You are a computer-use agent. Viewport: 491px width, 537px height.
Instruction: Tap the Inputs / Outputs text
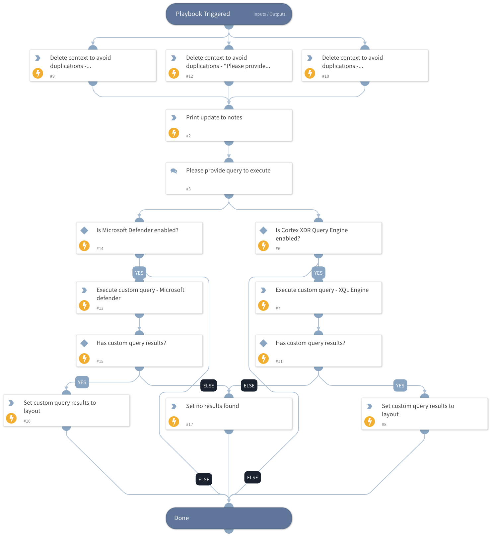click(x=269, y=14)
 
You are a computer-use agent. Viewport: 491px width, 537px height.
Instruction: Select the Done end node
click(x=229, y=518)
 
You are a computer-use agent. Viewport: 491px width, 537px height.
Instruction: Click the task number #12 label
click(x=189, y=76)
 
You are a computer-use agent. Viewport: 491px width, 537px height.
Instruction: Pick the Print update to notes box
click(x=229, y=125)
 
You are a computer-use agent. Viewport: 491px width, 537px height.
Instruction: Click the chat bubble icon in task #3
click(x=174, y=171)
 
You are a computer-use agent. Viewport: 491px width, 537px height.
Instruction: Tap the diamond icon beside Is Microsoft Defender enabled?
click(x=84, y=230)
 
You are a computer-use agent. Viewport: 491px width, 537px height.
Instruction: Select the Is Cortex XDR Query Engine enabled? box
click(x=318, y=238)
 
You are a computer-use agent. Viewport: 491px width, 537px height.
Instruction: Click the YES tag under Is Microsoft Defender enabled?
click(x=139, y=273)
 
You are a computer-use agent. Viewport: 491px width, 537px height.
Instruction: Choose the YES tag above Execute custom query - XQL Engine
click(x=318, y=273)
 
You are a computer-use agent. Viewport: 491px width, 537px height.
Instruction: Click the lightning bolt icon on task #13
click(x=84, y=305)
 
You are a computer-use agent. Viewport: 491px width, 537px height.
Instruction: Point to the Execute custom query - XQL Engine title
click(x=322, y=290)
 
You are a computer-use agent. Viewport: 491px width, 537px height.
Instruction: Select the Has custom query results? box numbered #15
click(x=139, y=351)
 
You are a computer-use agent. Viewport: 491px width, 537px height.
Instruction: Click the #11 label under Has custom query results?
click(x=279, y=362)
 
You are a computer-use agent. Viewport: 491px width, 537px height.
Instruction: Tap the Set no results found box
click(x=229, y=414)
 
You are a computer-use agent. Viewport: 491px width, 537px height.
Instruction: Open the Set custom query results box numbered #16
click(x=66, y=411)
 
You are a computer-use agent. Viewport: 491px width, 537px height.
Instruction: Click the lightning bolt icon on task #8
click(x=370, y=421)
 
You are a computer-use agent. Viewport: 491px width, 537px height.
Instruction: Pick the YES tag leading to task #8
click(x=400, y=386)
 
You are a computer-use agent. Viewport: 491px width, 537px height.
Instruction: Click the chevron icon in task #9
click(x=38, y=58)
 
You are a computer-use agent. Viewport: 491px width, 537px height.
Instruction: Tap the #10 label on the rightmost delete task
click(x=325, y=76)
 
